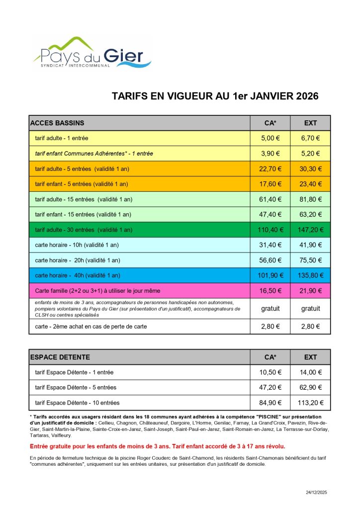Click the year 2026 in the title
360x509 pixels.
[x=301, y=96]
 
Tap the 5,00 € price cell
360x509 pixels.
[x=271, y=138]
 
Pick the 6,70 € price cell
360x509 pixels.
[x=310, y=138]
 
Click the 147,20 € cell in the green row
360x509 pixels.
[x=310, y=230]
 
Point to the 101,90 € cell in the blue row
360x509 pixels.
[x=271, y=275]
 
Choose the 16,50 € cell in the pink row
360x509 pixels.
[x=271, y=291]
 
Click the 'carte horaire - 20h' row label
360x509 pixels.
[x=78, y=260]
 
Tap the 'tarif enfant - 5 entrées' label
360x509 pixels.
[x=82, y=184]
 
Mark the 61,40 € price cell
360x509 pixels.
[x=271, y=199]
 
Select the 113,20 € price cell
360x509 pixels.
[x=310, y=403]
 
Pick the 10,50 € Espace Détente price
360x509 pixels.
[x=271, y=372]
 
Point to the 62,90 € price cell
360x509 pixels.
[x=310, y=387]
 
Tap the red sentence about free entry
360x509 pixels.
[x=158, y=446]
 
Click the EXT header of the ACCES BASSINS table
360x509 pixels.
[x=310, y=123]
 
